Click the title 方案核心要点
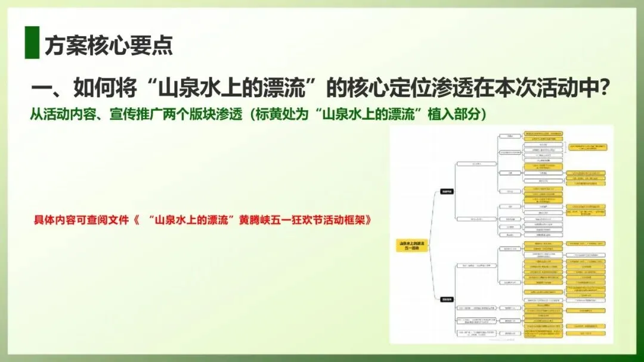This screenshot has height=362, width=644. pos(109,45)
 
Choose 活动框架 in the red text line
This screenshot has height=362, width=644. pos(348,219)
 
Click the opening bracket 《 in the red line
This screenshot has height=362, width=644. pos(137,219)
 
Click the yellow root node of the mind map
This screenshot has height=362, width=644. pos(411,245)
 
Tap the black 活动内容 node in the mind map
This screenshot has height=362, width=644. pos(447,192)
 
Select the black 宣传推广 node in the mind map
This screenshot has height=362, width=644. pos(447,299)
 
